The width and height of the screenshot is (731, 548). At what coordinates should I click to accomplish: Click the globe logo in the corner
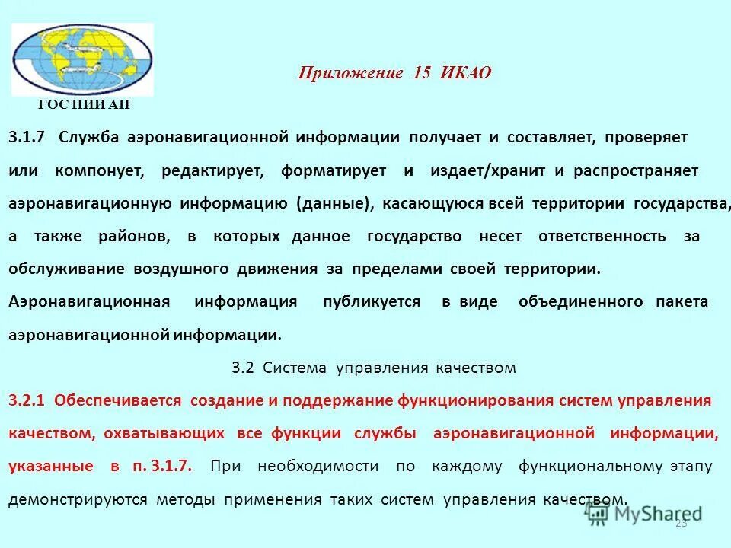(x=82, y=59)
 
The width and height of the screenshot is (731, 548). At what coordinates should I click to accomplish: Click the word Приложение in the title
(x=350, y=73)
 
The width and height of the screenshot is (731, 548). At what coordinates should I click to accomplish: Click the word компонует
(x=99, y=171)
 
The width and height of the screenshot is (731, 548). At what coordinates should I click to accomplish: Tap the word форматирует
(x=334, y=171)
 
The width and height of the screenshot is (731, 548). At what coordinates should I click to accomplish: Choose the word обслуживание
(x=67, y=269)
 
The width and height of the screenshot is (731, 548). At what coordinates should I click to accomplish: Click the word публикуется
(x=371, y=302)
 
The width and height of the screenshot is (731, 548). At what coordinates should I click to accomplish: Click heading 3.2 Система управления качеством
(x=373, y=368)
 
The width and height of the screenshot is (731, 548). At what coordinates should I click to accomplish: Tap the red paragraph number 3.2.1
(x=27, y=401)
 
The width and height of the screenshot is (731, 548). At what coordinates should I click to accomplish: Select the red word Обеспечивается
(x=118, y=401)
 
